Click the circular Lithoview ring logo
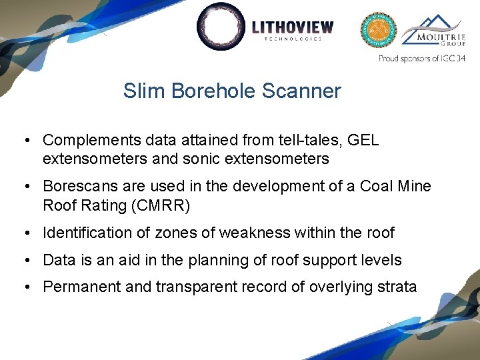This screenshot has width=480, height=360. pos(221,27)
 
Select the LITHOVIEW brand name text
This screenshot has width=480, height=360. pos(293,27)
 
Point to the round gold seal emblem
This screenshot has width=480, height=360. pos(379,30)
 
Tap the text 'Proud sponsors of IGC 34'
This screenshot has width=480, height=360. pos(421,59)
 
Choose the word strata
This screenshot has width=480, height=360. pos(397,287)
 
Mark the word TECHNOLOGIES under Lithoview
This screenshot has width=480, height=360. pos(293,39)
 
